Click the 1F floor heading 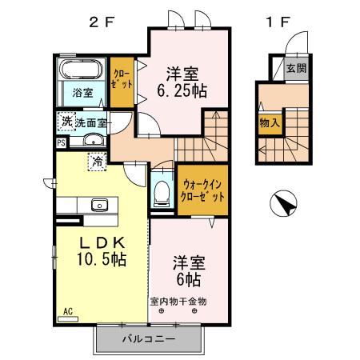coord(277,22)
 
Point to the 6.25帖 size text coord(181,91)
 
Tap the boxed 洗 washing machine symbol coord(66,122)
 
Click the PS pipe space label coord(61,143)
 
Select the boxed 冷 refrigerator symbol coord(97,161)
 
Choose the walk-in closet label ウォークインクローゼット coord(203,190)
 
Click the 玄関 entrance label coord(295,69)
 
